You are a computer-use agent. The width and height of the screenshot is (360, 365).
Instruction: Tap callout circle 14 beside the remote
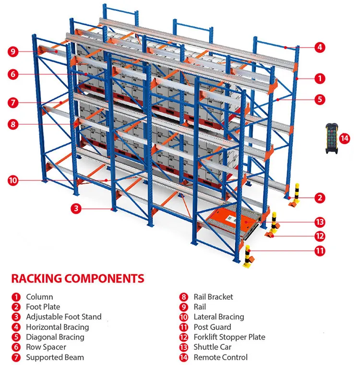click(345, 138)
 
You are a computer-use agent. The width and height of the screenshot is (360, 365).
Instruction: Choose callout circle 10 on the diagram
click(13, 181)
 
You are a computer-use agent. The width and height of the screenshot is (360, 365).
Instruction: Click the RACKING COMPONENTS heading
click(77, 279)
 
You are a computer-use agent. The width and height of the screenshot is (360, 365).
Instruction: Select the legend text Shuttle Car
click(213, 347)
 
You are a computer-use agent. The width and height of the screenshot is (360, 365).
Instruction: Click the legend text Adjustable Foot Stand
click(64, 317)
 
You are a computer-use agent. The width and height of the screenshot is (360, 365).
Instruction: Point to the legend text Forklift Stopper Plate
click(229, 337)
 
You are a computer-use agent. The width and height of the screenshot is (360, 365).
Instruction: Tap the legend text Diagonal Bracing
click(55, 337)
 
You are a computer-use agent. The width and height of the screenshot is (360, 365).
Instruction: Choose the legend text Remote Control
click(221, 357)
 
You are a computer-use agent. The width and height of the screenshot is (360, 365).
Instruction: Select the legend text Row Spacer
click(46, 347)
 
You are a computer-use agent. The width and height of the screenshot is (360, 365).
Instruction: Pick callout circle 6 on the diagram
click(13, 74)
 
